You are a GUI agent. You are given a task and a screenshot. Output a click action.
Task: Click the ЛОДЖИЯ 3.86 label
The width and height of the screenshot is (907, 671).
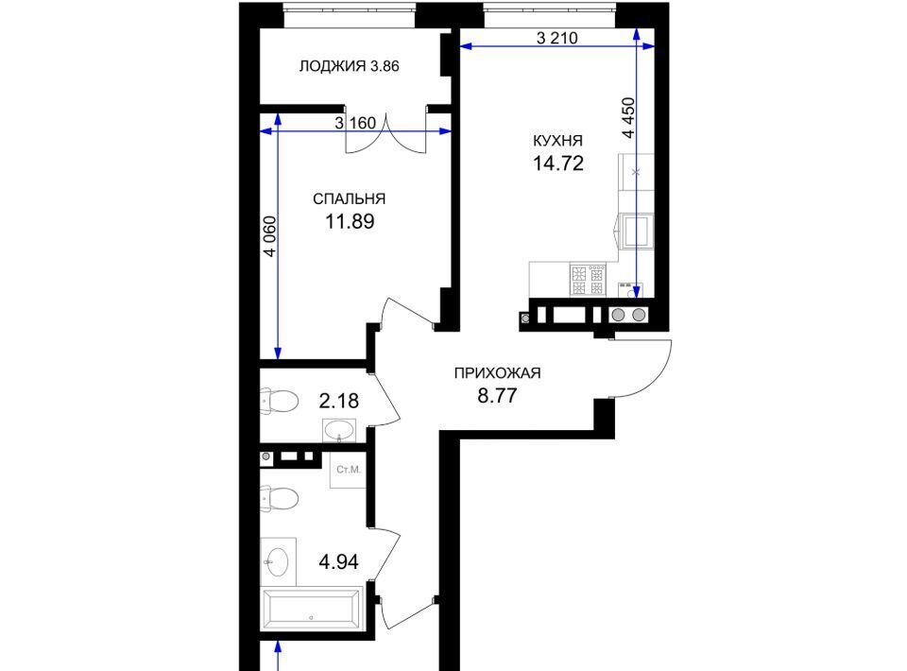(349, 66)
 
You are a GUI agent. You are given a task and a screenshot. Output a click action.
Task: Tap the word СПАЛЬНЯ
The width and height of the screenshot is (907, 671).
(349, 199)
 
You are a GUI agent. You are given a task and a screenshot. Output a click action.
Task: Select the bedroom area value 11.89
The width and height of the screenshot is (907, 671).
(350, 221)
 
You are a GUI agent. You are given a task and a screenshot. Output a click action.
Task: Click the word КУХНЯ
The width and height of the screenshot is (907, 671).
(557, 141)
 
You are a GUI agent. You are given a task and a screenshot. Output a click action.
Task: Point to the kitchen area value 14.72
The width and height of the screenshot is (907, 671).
(557, 163)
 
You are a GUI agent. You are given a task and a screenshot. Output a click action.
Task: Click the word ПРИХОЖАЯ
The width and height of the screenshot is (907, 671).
(498, 373)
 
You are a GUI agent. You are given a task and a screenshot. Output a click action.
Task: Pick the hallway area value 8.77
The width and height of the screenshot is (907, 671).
(498, 396)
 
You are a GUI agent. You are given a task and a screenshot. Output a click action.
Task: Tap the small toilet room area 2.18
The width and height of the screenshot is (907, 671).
(339, 401)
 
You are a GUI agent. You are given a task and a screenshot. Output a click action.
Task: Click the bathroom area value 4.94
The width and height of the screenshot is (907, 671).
(339, 561)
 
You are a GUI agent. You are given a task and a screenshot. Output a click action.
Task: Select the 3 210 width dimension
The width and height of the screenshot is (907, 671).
(557, 38)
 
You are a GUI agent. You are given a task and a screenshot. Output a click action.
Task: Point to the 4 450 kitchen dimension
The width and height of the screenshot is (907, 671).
(628, 118)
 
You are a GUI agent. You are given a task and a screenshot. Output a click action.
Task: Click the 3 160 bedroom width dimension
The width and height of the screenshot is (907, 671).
(355, 123)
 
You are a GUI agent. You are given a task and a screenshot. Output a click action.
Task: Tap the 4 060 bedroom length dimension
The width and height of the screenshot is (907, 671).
(269, 236)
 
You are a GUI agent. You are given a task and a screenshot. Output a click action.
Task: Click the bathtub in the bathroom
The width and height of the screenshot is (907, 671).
(313, 609)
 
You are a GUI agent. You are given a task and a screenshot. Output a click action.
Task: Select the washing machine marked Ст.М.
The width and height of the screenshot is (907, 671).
(349, 470)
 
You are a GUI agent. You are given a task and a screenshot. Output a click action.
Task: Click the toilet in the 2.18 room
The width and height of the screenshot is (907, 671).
(279, 401)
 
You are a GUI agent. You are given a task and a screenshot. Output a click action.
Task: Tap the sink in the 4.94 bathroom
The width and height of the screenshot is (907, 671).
(278, 561)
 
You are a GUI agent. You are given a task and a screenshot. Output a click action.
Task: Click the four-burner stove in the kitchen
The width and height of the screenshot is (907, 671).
(588, 280)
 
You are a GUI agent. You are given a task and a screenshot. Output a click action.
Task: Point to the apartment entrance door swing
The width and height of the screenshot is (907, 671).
(642, 369)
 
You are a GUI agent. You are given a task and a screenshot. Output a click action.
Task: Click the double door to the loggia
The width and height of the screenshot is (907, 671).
(386, 132)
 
